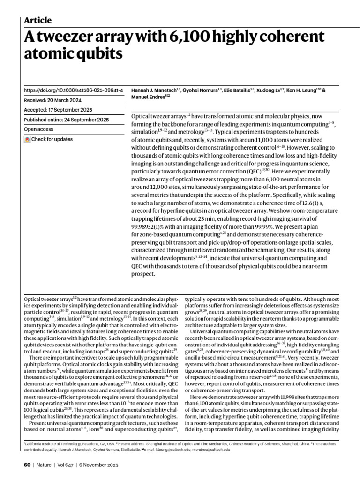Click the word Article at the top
(x=37, y=20)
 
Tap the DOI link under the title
(x=73, y=90)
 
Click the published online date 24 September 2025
(x=90, y=120)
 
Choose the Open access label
(x=38, y=129)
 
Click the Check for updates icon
(x=27, y=139)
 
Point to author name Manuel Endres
(x=147, y=97)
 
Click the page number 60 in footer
(x=27, y=465)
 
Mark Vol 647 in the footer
(x=67, y=465)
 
